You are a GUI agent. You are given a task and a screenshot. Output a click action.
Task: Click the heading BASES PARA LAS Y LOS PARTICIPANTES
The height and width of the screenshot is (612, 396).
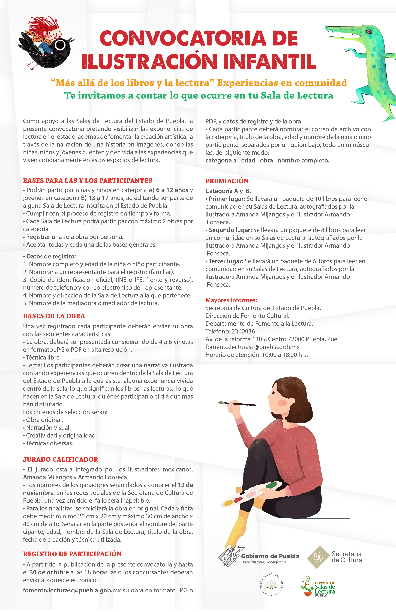87,180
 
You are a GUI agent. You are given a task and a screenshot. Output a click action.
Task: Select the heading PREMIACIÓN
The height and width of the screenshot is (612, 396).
227,181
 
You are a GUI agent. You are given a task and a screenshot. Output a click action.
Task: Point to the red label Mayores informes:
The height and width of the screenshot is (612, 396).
231,300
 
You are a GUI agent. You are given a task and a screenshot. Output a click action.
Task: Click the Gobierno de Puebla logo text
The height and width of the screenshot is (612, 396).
270,556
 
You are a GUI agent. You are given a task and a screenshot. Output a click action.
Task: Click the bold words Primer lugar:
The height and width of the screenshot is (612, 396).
227,199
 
